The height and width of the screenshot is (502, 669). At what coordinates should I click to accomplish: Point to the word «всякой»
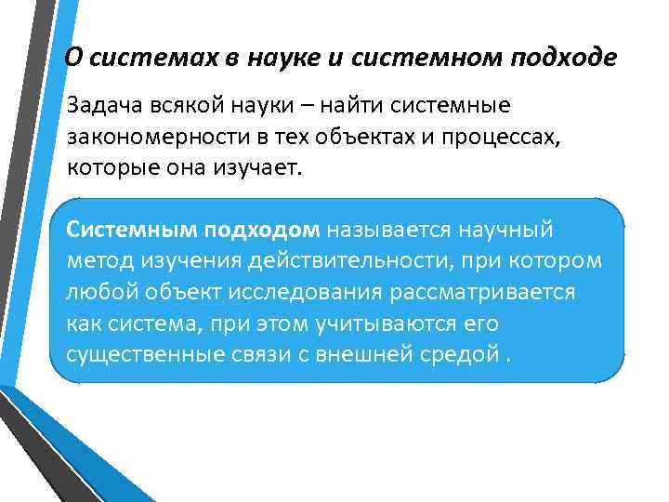pyautogui.click(x=189, y=109)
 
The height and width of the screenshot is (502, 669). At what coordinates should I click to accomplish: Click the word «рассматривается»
pyautogui.click(x=501, y=292)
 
